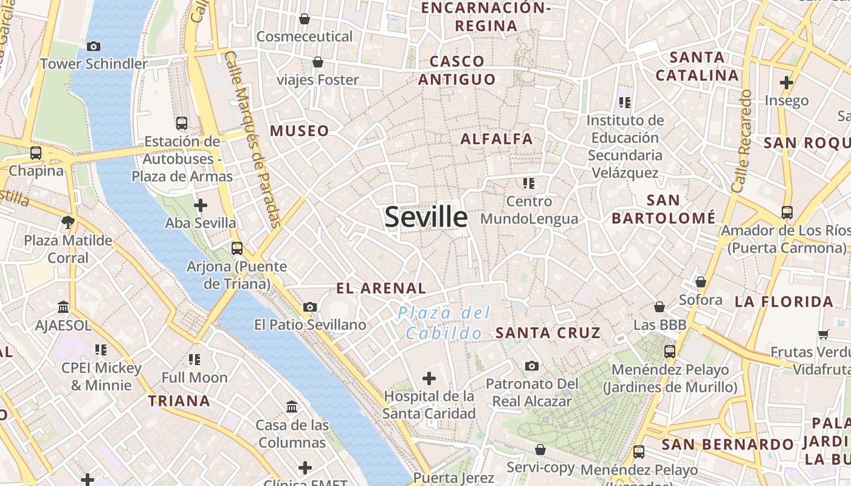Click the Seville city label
tap(426, 217)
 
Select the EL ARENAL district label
tap(381, 288)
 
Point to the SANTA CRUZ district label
tap(548, 332)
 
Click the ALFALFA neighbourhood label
tap(497, 139)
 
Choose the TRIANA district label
tap(179, 400)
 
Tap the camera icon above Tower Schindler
tap(94, 46)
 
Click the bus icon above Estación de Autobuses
tap(181, 123)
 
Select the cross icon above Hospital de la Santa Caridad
tap(429, 378)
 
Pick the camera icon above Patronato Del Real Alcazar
tap(532, 366)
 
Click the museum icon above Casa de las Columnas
tap(292, 406)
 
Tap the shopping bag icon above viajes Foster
tap(317, 62)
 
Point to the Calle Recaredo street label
tap(742, 141)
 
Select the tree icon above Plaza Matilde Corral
tap(68, 222)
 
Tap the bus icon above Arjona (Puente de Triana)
tap(237, 248)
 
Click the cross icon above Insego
tap(787, 82)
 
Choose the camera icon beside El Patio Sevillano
tap(310, 307)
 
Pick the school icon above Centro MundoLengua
tap(528, 183)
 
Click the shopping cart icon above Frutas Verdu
tap(824, 334)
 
